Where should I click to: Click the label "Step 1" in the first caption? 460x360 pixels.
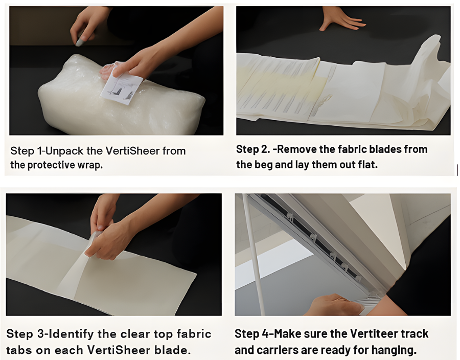click(x=27, y=151)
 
